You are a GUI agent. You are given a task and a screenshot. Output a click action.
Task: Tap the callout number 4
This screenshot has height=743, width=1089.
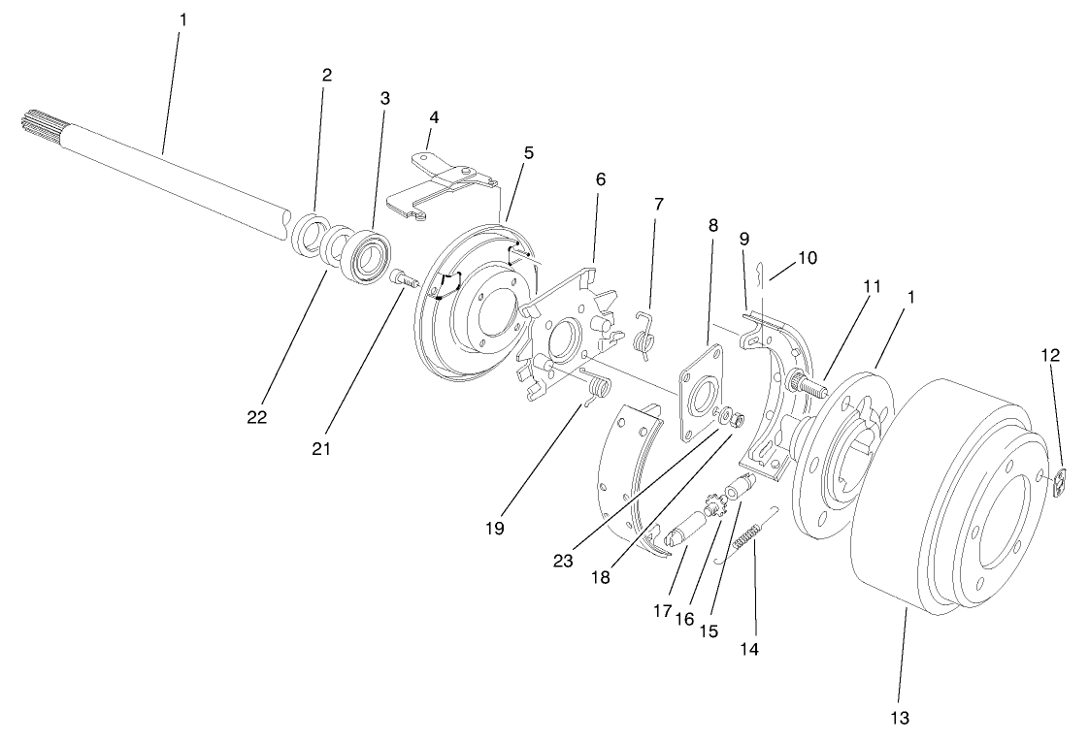coord(434,117)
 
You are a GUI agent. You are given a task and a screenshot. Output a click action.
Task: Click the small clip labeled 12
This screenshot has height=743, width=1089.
coord(1061,479)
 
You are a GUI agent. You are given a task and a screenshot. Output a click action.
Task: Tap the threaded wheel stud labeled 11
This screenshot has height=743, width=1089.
coord(808,382)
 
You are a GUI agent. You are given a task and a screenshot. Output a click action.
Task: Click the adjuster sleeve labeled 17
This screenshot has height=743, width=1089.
coord(690,529)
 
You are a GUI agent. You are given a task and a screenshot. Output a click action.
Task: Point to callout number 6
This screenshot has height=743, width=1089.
coord(600,179)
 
